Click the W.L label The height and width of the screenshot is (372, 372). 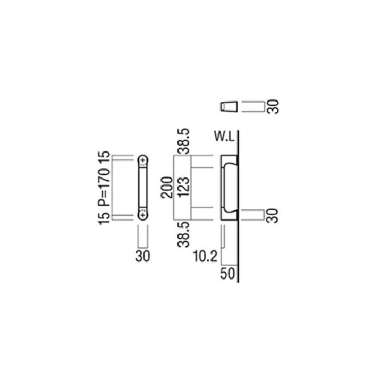224,137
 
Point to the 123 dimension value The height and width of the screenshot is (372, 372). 184,188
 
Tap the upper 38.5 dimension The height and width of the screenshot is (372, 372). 184,141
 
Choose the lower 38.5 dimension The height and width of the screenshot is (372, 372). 184,234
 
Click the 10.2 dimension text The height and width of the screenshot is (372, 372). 205,257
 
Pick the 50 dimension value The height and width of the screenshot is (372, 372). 227,274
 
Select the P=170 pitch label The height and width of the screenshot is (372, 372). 104,187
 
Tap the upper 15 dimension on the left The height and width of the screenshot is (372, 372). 104,158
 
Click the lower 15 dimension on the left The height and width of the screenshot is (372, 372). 104,217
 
